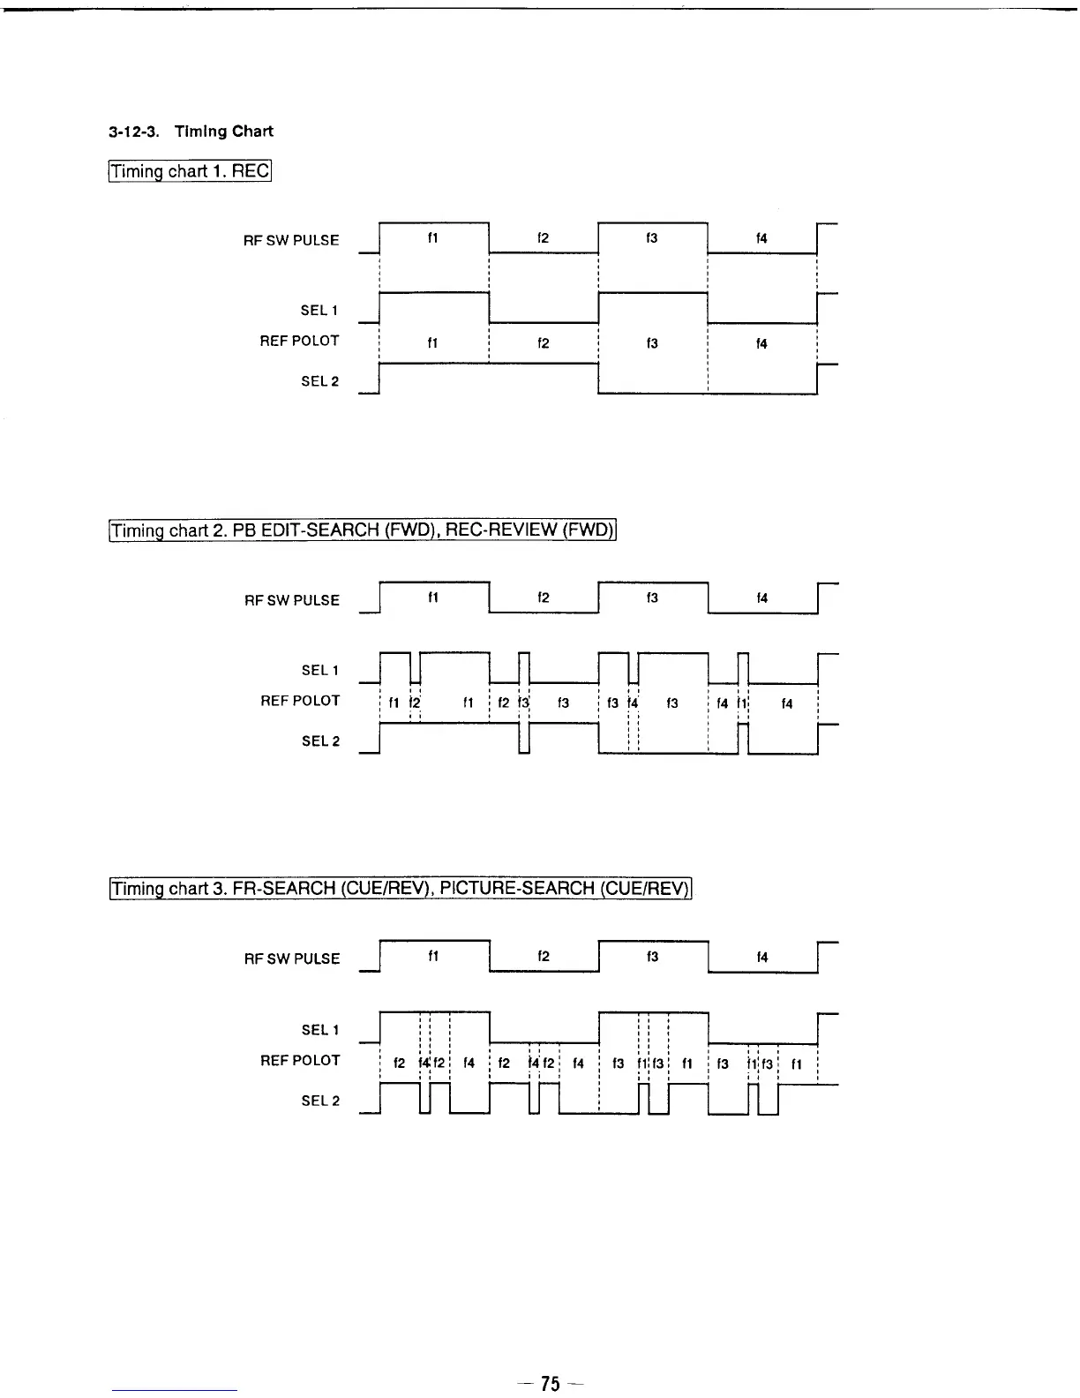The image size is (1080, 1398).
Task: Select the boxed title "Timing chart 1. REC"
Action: click(x=190, y=170)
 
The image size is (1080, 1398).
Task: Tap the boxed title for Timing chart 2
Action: click(x=362, y=530)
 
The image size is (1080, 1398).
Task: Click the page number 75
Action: click(x=550, y=1383)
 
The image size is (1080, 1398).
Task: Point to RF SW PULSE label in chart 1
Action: click(x=291, y=240)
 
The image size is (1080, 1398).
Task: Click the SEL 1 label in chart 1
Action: click(x=319, y=310)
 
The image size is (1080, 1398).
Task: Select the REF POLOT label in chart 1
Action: click(x=299, y=341)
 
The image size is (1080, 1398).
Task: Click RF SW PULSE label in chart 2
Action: click(x=292, y=600)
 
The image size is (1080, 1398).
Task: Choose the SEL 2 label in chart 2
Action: click(x=320, y=740)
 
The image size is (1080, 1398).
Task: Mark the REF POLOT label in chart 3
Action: click(x=300, y=1060)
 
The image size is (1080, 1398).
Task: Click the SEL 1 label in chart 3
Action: click(x=320, y=1029)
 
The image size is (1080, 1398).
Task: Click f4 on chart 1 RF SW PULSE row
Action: click(x=761, y=238)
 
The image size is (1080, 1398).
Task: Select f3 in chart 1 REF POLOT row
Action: click(x=652, y=343)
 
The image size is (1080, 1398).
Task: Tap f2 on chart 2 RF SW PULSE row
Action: click(x=544, y=598)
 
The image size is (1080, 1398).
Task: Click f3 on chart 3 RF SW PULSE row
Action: click(x=652, y=957)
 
